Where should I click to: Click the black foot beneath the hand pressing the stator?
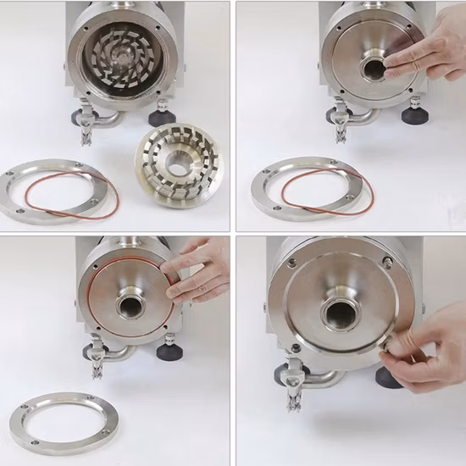(413, 114)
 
